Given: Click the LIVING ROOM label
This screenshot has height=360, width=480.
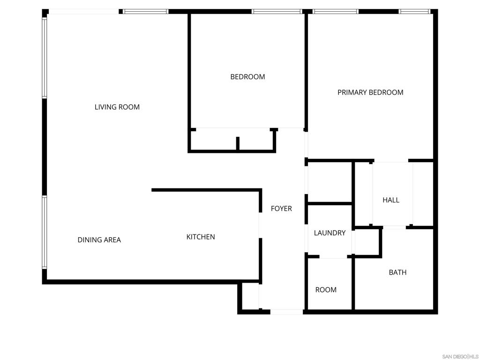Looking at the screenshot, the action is [117, 107].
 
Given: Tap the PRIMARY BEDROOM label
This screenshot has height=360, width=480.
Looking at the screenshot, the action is [370, 92].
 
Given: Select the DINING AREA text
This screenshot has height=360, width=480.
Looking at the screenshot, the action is [99, 240].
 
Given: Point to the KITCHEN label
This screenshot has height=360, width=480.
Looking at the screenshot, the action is [201, 237].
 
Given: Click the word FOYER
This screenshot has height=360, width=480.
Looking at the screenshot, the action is [281, 209].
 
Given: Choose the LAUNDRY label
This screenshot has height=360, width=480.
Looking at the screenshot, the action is [330, 233].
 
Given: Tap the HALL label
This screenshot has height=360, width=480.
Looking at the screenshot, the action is [391, 200].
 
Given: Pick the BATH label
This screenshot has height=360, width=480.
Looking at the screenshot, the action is [397, 272].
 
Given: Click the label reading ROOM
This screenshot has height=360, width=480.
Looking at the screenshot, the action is [326, 290].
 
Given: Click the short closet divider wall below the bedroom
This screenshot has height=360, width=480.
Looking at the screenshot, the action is [238, 143].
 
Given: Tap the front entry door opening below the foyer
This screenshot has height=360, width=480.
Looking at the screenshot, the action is [286, 312].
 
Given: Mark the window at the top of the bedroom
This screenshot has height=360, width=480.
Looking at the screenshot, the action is [277, 12].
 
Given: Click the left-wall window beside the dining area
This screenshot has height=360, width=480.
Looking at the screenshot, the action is [45, 232].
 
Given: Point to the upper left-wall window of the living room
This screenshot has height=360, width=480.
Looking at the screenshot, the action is [45, 58].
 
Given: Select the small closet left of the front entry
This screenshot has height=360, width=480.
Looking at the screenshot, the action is [251, 296].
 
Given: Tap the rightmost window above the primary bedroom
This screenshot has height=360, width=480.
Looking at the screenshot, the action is [414, 12].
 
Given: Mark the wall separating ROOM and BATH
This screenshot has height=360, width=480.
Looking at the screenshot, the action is [353, 283].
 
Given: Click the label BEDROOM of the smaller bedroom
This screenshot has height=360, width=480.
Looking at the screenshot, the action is [247, 77].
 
